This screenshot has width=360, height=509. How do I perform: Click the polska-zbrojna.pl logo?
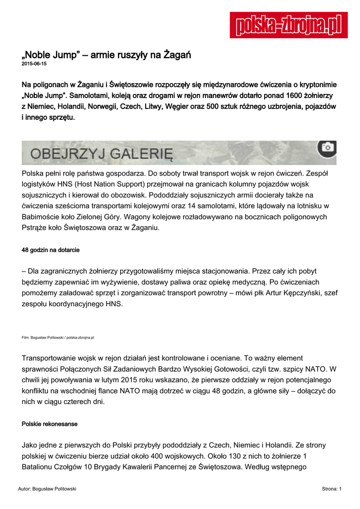click(x=288, y=25)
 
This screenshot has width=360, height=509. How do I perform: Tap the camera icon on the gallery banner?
click(x=327, y=147)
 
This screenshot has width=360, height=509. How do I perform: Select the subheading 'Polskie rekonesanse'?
click(x=50, y=424)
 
